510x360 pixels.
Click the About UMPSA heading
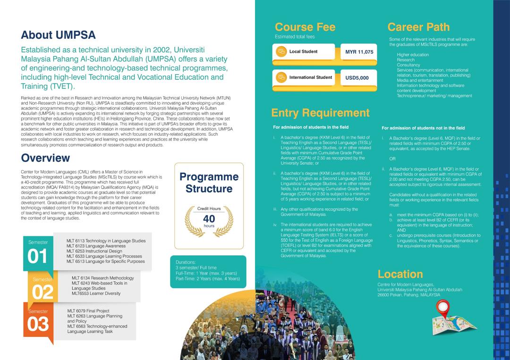point(58,35)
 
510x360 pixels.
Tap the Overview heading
point(45,158)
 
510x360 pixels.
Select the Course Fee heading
point(305,27)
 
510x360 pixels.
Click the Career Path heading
point(418,27)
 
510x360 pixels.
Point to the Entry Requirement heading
point(320,113)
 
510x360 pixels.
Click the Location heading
point(400,274)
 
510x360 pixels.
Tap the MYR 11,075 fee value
point(359,51)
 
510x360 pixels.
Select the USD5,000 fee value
point(357,77)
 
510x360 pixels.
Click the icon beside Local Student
point(281,51)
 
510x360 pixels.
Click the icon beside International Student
point(281,77)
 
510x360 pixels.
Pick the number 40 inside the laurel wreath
point(209,219)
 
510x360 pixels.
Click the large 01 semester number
point(38,256)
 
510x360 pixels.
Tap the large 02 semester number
point(42,293)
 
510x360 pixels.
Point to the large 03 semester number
point(38,325)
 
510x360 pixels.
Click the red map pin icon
point(442,308)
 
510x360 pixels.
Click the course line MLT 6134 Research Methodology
point(102,278)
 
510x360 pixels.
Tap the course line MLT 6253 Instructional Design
point(94,251)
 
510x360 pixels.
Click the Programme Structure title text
point(209,183)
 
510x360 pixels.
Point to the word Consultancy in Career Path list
point(408,65)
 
